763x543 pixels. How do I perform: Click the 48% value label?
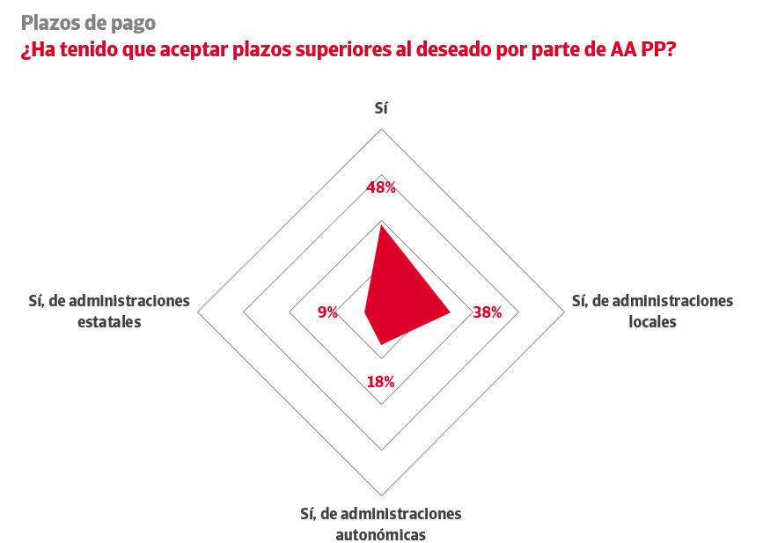click(x=381, y=187)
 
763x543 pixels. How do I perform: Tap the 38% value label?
click(x=487, y=312)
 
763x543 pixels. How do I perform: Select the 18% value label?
click(x=380, y=382)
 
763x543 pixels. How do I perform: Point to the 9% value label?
click(x=327, y=312)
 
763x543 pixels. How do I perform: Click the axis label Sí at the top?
click(x=381, y=108)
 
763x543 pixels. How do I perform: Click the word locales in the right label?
click(x=652, y=322)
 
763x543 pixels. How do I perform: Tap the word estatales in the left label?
click(x=109, y=322)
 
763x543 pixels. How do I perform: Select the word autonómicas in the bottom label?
click(x=381, y=534)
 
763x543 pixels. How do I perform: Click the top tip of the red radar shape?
click(x=381, y=225)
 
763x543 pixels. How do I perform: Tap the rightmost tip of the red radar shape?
click(x=450, y=312)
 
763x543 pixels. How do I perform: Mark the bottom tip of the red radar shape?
click(x=381, y=344)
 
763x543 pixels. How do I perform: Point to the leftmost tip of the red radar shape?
click(x=365, y=312)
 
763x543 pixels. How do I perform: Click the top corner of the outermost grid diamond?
click(x=381, y=129)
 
